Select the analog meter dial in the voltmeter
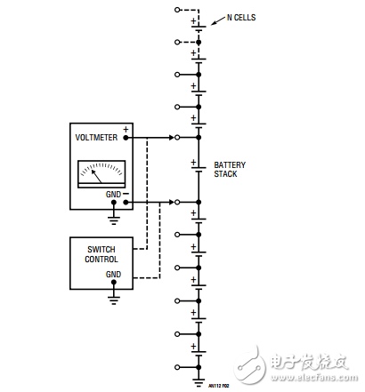(x=101, y=172)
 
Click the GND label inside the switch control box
(x=112, y=275)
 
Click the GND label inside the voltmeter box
(x=112, y=193)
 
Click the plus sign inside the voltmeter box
(x=126, y=129)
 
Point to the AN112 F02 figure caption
(x=219, y=387)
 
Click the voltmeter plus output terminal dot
(x=126, y=138)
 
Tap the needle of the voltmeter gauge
(x=99, y=174)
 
